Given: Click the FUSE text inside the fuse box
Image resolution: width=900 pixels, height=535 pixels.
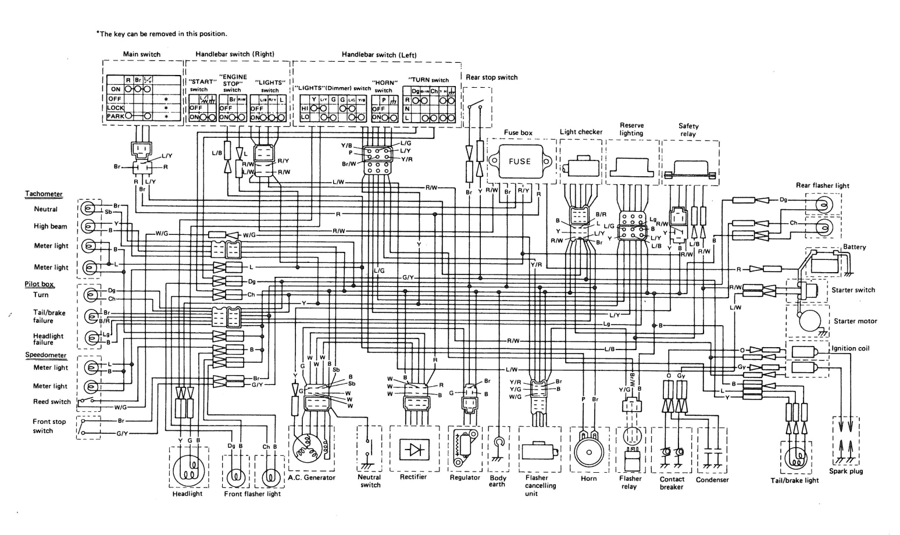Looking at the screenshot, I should (519, 161).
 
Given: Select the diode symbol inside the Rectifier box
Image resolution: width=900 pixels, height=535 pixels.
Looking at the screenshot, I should (414, 450).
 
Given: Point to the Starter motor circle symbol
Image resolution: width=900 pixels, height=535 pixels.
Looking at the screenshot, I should (806, 320).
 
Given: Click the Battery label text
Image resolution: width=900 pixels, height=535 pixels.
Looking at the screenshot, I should (854, 247).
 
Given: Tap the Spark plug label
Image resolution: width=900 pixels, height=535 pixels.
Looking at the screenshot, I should (845, 471).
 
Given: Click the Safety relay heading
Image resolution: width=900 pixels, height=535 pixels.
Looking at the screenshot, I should (688, 130).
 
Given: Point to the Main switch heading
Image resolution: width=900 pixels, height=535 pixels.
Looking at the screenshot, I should (141, 54).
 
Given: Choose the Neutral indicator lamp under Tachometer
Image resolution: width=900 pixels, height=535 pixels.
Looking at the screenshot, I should (88, 208).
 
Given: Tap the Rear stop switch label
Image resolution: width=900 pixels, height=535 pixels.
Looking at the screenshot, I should (491, 77).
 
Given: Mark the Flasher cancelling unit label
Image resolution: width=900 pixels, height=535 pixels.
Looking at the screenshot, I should (540, 486).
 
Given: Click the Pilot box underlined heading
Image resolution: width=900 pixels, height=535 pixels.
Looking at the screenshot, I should (40, 284).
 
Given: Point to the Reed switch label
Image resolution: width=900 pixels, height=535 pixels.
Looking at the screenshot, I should (52, 402).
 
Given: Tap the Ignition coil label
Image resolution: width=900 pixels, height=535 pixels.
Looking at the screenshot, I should (851, 348).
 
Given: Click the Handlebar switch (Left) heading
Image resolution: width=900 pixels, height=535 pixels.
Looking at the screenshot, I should (378, 55).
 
